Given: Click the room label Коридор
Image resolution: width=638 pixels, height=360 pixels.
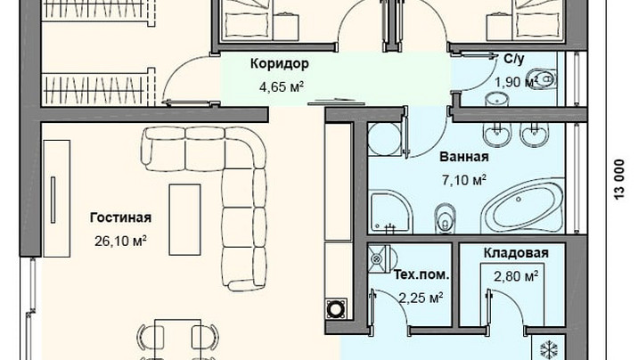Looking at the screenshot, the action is (x=279, y=64).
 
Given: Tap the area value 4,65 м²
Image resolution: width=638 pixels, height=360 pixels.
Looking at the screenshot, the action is (x=282, y=86).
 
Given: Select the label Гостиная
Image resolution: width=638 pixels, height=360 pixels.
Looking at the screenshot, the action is (x=120, y=217).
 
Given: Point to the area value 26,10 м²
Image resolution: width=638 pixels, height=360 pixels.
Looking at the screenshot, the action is (x=120, y=241).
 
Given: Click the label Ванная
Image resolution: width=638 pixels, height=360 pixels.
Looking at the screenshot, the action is (x=464, y=157).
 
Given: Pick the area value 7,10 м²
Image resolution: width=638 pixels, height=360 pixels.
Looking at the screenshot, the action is (x=464, y=179).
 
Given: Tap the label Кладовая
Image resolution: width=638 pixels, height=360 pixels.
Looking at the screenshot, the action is (x=516, y=253).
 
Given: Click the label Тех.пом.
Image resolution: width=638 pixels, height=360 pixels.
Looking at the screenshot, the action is (x=421, y=275).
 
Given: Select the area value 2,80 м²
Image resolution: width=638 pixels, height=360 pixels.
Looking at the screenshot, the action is (x=516, y=276).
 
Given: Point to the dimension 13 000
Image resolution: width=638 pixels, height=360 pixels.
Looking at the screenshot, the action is (x=619, y=179).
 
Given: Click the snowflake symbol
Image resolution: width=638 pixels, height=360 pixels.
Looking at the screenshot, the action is (x=549, y=350).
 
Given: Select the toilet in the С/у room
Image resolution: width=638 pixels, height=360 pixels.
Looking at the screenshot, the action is (x=542, y=78).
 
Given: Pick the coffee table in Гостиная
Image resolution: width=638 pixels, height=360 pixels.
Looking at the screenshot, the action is (x=184, y=220).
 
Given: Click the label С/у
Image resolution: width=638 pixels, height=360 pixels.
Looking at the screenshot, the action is (x=514, y=59).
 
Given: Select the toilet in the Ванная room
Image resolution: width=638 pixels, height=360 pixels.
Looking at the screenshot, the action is (x=445, y=217).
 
